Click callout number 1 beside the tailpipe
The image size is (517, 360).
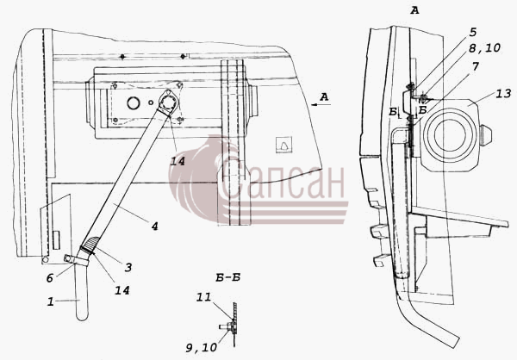[x=51, y=301]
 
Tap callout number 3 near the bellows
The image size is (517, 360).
[x=128, y=267]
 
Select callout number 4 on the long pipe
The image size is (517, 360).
[x=154, y=227]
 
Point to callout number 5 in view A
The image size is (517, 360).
[x=473, y=32]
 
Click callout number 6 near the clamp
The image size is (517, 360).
[x=50, y=278]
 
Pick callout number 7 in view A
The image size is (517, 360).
[x=475, y=66]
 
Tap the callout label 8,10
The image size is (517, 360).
[x=484, y=48]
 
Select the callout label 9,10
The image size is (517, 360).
[x=202, y=347]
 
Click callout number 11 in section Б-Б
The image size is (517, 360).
[x=203, y=297]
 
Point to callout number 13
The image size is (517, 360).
[x=504, y=93]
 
